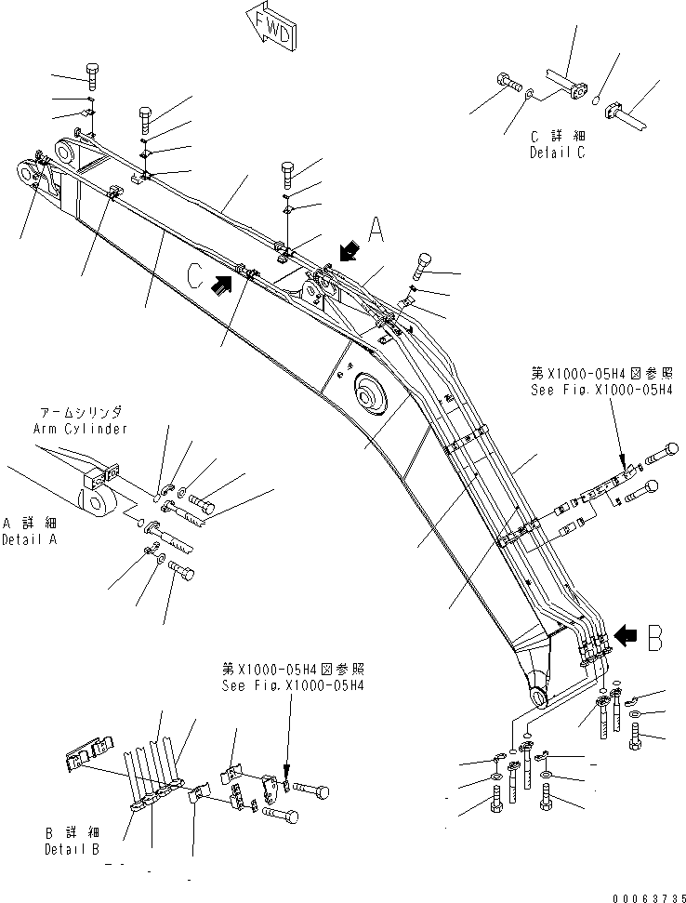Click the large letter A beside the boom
(x=376, y=229)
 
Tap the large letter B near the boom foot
(x=653, y=637)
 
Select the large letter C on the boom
(x=195, y=277)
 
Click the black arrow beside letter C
(x=222, y=287)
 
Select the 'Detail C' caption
(x=558, y=153)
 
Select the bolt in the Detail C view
(x=508, y=84)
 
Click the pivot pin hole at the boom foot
(x=539, y=697)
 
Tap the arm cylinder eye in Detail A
(x=94, y=504)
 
